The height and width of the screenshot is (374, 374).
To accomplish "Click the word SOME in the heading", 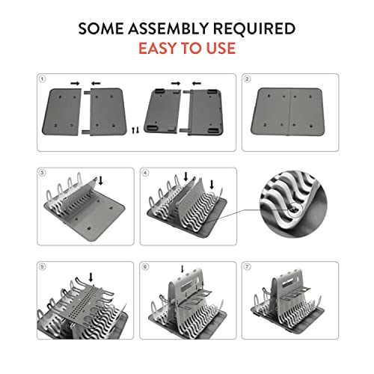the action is click(101, 28).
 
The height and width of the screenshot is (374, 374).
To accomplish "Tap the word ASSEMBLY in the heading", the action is click(168, 28).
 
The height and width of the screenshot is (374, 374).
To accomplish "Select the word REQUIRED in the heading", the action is click(254, 28).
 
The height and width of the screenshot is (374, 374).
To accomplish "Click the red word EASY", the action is click(158, 48).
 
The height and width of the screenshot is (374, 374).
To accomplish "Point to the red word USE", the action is click(221, 48).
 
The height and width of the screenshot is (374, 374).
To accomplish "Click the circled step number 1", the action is click(42, 79).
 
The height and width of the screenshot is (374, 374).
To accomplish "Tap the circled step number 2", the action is click(247, 79).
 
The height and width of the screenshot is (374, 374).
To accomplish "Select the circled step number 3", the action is click(43, 173).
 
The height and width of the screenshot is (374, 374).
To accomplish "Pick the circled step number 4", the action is click(145, 173).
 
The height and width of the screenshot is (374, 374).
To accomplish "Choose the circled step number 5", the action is click(42, 267).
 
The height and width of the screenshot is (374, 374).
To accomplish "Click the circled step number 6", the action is click(145, 267).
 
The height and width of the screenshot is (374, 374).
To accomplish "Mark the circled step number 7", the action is click(247, 267).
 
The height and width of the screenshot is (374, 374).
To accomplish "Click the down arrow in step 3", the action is click(101, 180).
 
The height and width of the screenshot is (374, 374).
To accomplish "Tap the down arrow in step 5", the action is click(91, 278).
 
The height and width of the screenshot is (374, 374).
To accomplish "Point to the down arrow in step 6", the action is click(183, 269).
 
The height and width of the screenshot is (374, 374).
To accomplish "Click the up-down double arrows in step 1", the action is click(135, 130).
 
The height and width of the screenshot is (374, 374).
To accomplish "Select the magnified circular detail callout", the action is click(293, 204).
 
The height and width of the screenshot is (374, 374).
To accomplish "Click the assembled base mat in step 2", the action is click(288, 111).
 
